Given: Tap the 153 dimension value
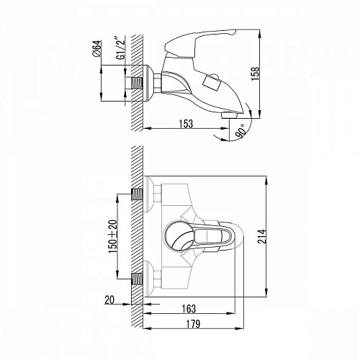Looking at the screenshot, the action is click(186, 124).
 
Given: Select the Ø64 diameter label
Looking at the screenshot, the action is click(97, 48).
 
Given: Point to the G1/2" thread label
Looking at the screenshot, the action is click(122, 48).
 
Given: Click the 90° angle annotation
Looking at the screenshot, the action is click(241, 131).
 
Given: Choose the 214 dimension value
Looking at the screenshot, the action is click(262, 237).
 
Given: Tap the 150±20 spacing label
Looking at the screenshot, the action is click(113, 236).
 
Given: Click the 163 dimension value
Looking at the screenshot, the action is click(189, 309).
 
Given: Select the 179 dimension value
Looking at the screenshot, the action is click(193, 324).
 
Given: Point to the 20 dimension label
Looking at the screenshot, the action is click(109, 300).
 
